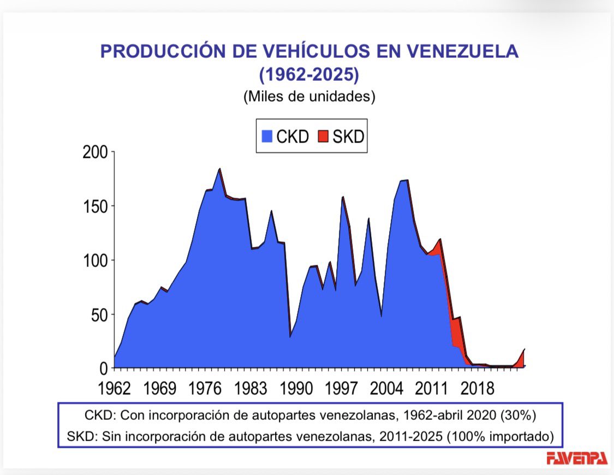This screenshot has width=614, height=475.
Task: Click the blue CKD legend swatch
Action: (x=267, y=136)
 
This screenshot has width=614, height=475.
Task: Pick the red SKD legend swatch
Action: (x=323, y=136)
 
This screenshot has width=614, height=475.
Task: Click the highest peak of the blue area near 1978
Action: (x=219, y=169)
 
